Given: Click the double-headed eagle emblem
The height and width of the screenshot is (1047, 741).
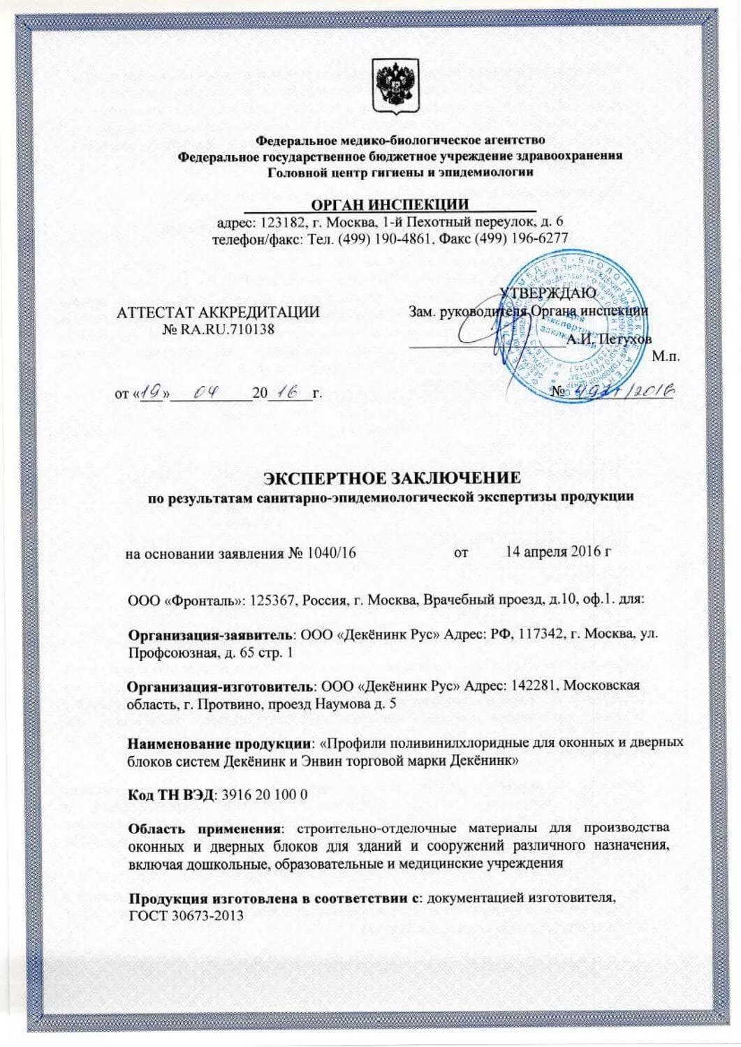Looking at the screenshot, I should point(395,86).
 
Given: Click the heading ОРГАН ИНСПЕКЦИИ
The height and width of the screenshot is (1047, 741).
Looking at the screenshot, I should point(390,204).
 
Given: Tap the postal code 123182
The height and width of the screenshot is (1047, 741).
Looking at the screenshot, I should point(280,223).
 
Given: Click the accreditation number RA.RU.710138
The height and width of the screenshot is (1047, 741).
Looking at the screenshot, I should point(228,328).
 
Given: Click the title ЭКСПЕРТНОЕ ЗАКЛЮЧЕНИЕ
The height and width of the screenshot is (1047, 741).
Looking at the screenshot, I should point(391,477).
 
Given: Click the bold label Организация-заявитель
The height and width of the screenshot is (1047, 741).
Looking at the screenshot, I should point(212,634).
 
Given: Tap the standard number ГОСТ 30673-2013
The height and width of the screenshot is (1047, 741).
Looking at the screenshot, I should point(186,915).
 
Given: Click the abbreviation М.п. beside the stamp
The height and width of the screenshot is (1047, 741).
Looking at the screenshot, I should point(665,357).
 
